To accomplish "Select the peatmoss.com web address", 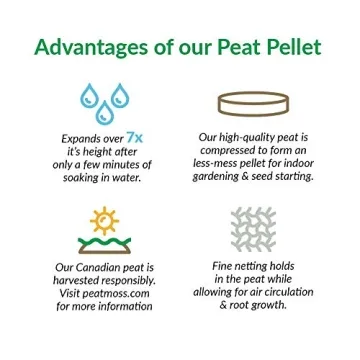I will pos(121,296).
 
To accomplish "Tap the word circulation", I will pos(283,294).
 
